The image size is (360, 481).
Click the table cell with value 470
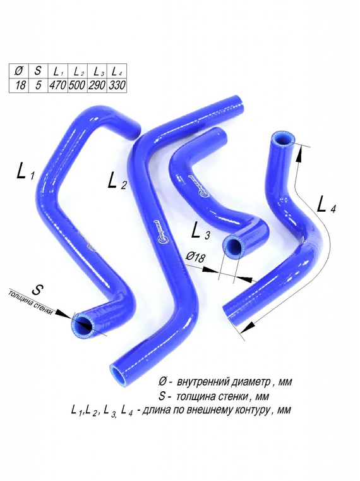click(58, 85)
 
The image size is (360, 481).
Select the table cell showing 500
click(77, 85)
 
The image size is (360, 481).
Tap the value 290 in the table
click(97, 85)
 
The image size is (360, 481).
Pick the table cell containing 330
click(116, 85)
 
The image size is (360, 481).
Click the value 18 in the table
click(20, 85)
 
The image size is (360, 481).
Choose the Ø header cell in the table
click(20, 71)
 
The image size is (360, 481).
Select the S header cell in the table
click(39, 71)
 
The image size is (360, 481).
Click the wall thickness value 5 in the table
click(39, 85)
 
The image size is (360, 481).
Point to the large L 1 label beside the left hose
click(25, 171)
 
